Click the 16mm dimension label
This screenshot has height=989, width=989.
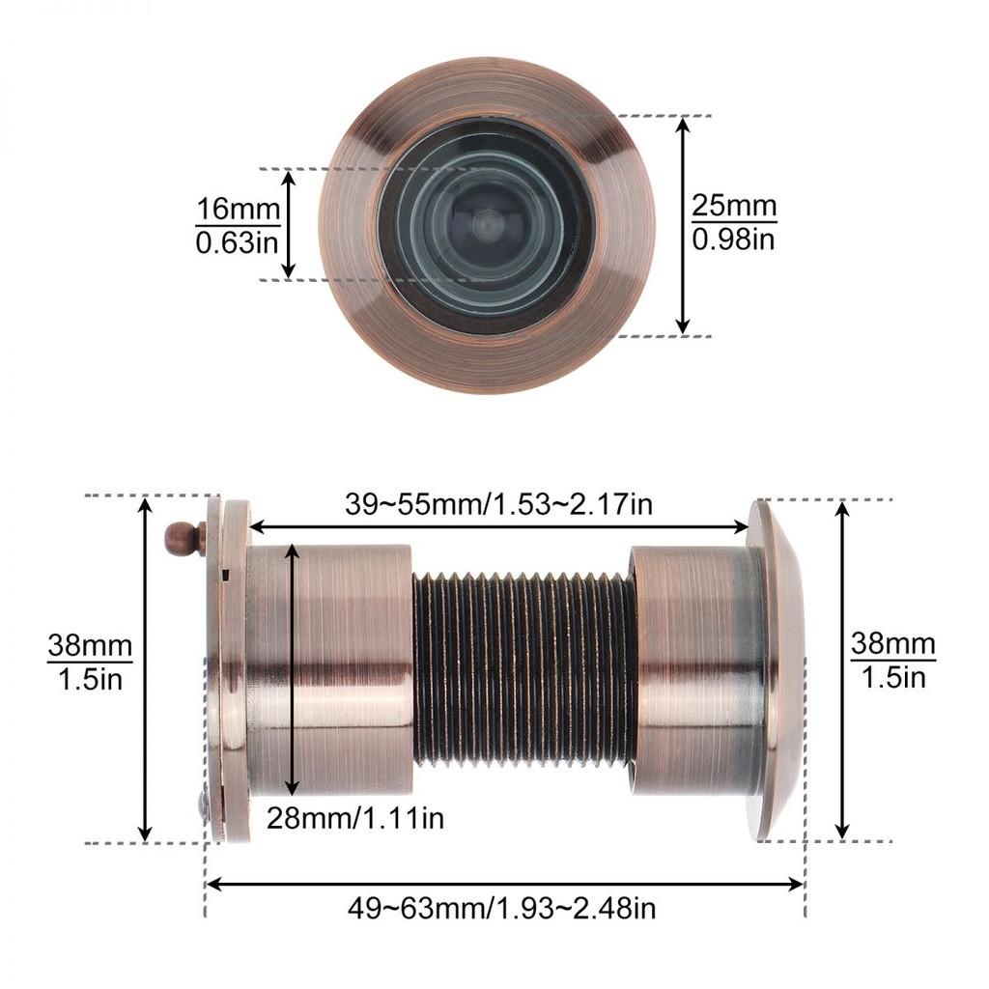238,209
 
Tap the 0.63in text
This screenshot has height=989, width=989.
238,242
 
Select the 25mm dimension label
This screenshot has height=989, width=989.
734,206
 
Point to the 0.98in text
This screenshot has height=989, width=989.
734,240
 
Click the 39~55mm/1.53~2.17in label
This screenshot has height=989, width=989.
498,504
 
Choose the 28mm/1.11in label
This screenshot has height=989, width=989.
355,818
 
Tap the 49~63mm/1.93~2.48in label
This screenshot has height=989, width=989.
501,908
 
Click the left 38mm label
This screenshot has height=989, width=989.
90,645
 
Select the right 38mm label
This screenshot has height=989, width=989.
893,644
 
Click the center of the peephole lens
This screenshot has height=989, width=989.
487,225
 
